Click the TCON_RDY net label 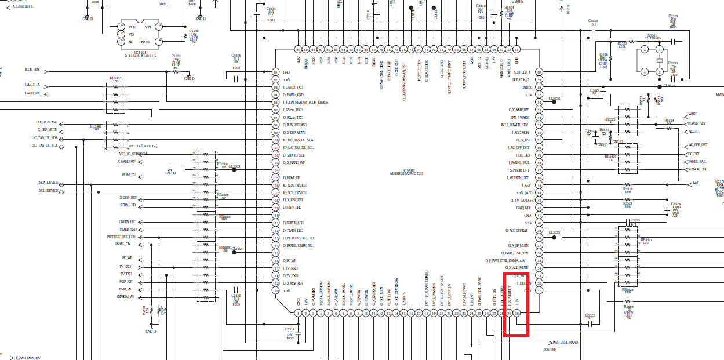pos(32,69)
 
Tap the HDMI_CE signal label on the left pos(129,175)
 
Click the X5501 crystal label pos(652,35)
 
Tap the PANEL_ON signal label pos(123,244)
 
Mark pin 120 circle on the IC pos(275,290)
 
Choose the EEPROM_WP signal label pos(125,297)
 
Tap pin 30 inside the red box pos(517,314)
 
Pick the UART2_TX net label pos(32,85)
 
